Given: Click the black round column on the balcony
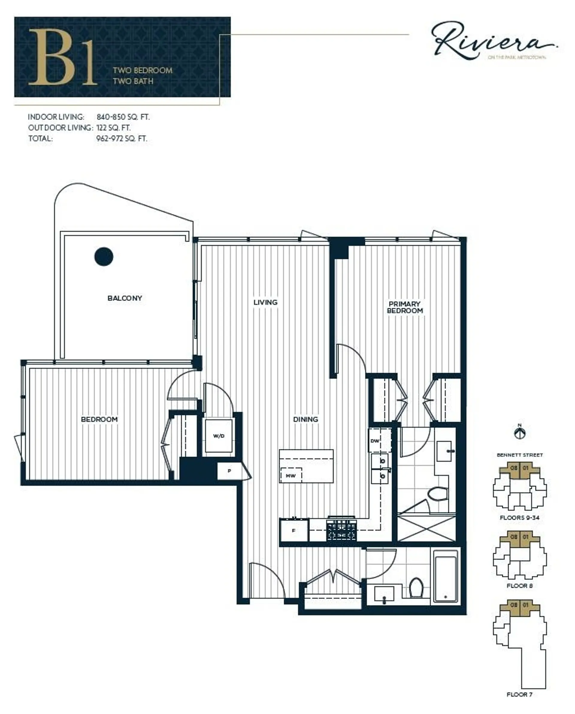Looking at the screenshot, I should (x=104, y=256).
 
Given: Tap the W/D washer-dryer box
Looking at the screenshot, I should (x=219, y=436).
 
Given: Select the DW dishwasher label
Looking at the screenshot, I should (x=375, y=441).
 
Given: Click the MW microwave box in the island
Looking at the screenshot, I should (x=290, y=476).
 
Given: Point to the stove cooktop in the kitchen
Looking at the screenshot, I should (x=341, y=530).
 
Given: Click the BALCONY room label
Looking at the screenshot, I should (x=125, y=298).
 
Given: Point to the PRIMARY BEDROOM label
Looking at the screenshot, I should (x=405, y=307).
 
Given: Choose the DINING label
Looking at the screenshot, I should (x=305, y=419).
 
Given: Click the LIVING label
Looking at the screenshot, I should (x=265, y=302).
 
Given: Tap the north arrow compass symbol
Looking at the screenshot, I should (x=520, y=433).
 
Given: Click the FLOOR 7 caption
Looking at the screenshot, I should (x=519, y=695).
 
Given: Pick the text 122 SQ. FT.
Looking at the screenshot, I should (x=113, y=128).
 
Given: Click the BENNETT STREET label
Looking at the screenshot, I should (x=519, y=455).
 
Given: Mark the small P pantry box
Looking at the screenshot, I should (x=229, y=471).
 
